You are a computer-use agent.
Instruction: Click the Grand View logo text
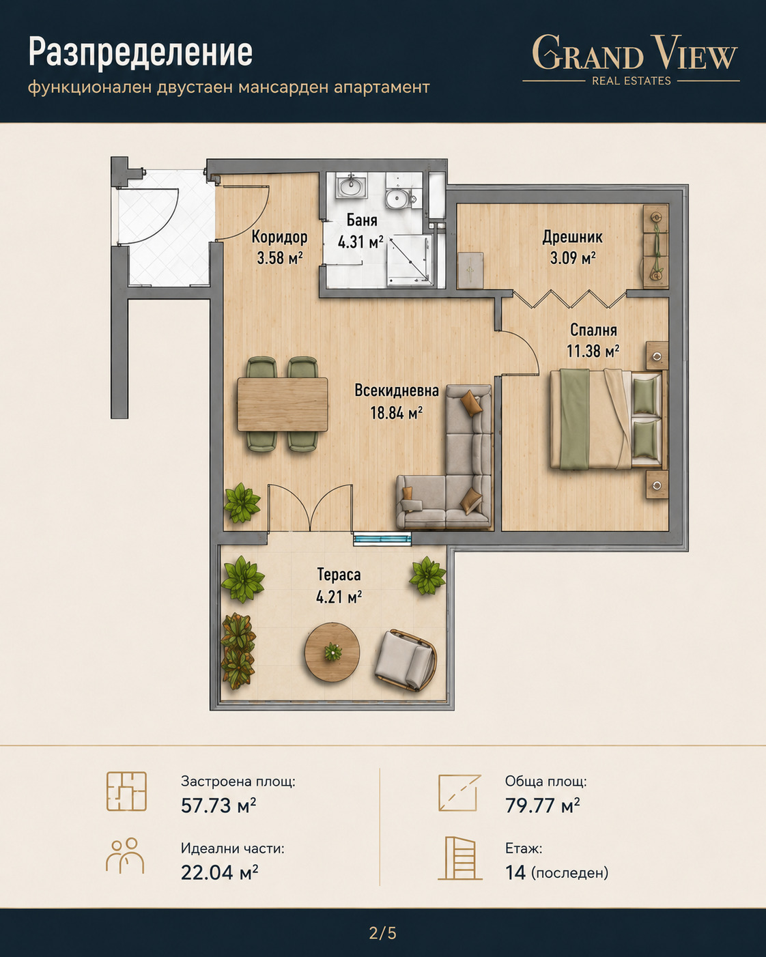click(x=635, y=53)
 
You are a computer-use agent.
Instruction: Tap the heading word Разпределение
click(x=141, y=53)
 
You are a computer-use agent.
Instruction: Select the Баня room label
click(x=362, y=220)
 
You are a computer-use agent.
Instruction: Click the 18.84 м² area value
click(x=396, y=413)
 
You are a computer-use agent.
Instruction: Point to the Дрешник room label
click(x=573, y=237)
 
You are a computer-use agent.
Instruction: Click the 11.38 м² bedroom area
click(x=593, y=352)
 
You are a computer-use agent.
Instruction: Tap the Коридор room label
click(x=279, y=237)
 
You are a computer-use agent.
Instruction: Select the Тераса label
click(x=339, y=575)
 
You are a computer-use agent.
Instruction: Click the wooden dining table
click(x=283, y=404)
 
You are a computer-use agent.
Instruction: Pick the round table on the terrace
click(x=332, y=652)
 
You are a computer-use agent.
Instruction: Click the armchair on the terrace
click(x=405, y=660)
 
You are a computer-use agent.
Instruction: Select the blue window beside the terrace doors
click(x=382, y=540)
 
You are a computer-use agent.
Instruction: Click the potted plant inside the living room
click(x=242, y=502)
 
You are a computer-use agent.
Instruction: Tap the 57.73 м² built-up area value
click(x=218, y=805)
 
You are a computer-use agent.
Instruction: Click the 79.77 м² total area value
click(x=542, y=805)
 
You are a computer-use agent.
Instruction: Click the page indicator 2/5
click(x=382, y=933)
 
